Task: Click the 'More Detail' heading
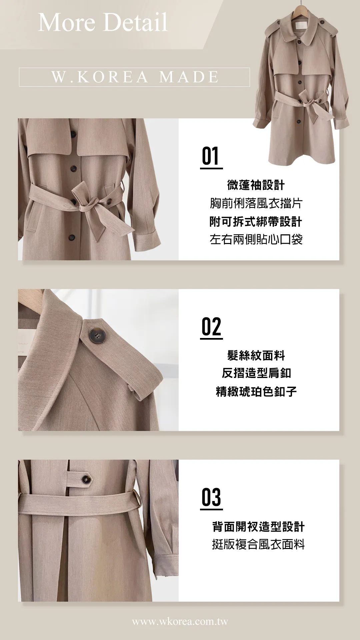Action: coord(103,22)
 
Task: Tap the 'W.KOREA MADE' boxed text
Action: coord(135,77)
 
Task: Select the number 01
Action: coord(210,156)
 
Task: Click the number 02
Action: coord(211,327)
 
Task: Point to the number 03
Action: coord(211,497)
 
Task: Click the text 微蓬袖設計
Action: coord(256,185)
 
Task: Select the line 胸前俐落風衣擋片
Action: coord(256,203)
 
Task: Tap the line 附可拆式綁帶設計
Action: coord(256,221)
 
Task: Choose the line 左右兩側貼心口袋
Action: coord(256,239)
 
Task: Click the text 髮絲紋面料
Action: coord(256,355)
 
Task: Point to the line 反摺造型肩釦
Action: coord(256,373)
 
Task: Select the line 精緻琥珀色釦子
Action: coord(256,392)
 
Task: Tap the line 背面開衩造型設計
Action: coord(258,527)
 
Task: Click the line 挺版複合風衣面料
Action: coord(258,545)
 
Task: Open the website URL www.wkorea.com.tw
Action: coord(180,622)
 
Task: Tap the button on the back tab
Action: coord(86,480)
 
